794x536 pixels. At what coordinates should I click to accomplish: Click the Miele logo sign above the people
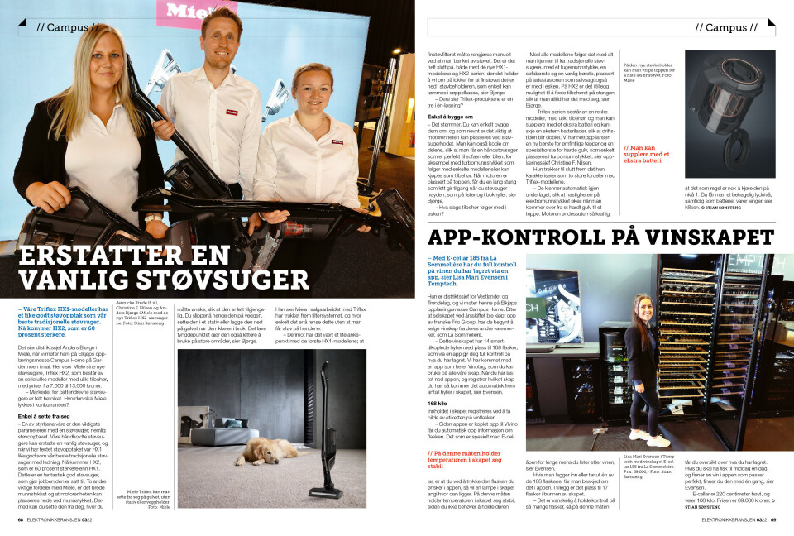tap(194, 11)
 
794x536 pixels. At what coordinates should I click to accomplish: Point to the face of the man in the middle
tap(218, 38)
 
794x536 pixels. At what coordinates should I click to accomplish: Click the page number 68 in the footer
tap(21, 520)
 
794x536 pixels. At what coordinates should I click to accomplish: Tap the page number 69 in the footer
tap(773, 520)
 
